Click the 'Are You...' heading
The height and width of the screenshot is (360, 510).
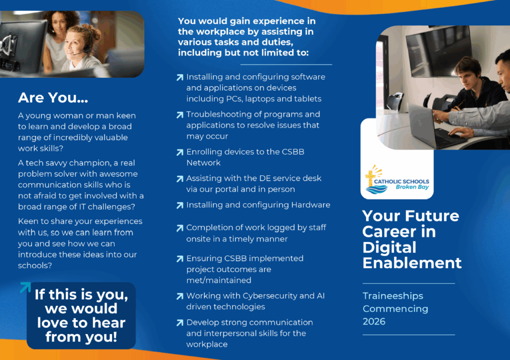53,98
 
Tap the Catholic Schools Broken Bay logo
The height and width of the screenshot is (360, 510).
397,180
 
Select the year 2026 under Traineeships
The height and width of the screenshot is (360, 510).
374,321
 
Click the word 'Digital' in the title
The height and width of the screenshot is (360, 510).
389,247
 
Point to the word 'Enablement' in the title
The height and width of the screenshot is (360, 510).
412,263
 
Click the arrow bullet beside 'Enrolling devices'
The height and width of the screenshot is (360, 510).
180,152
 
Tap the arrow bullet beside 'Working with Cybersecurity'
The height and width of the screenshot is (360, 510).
180,296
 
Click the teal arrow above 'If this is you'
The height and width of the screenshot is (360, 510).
25,287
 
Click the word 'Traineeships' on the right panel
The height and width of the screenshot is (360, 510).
393,296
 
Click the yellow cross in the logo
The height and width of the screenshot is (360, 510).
370,178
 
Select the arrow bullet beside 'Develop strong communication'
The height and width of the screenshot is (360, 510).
180,323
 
